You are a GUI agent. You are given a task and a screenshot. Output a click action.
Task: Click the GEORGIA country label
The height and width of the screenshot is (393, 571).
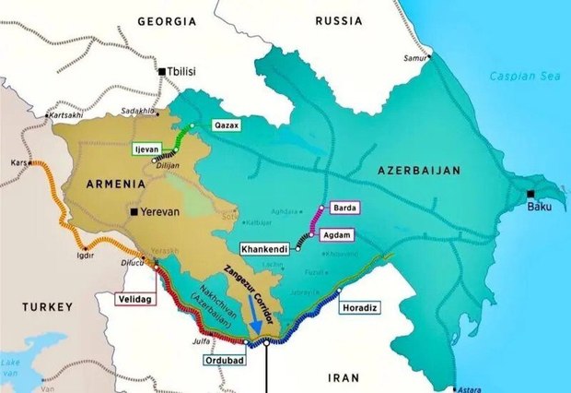click(x=169, y=19)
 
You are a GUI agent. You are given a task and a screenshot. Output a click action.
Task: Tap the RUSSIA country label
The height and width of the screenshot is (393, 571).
click(x=342, y=19)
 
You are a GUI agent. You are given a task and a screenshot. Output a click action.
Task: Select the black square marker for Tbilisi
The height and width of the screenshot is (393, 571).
click(x=162, y=71)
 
